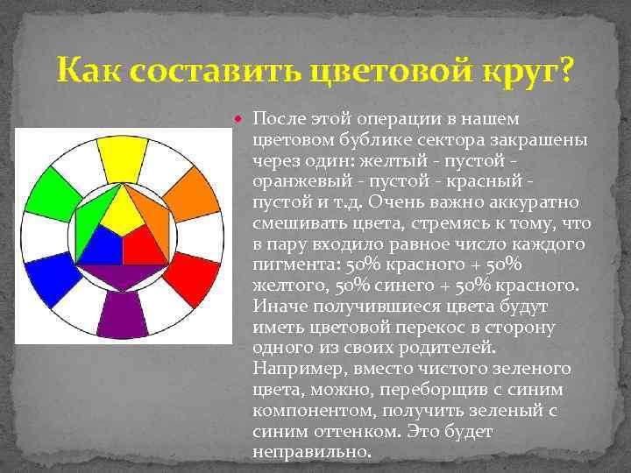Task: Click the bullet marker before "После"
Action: click(x=244, y=117)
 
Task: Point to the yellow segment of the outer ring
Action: click(x=123, y=157)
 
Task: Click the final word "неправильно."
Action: click(x=311, y=452)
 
